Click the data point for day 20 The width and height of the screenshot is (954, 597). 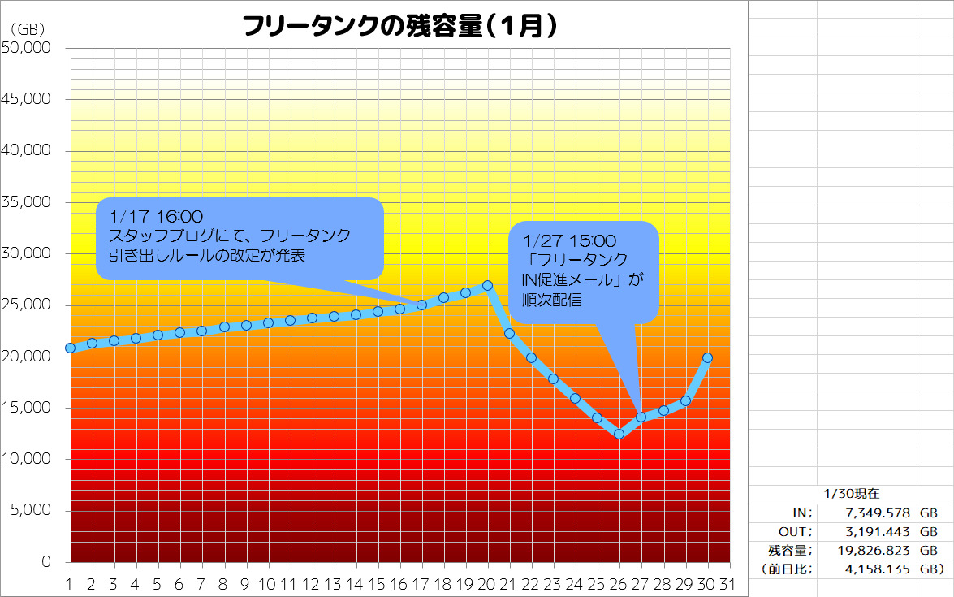coord(488,286)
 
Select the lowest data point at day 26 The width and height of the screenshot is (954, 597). coord(619,434)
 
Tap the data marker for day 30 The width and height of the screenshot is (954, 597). coord(707,357)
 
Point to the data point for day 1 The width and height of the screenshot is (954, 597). coord(71,348)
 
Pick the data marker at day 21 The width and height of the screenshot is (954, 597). coord(510,333)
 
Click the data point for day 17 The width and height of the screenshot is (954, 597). coord(422,305)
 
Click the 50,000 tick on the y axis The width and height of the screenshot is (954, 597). coord(28,48)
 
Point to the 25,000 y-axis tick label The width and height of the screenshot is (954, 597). coord(28,305)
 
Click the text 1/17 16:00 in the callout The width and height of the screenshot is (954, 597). coord(149,217)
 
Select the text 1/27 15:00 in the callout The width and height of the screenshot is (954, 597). coord(570,241)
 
